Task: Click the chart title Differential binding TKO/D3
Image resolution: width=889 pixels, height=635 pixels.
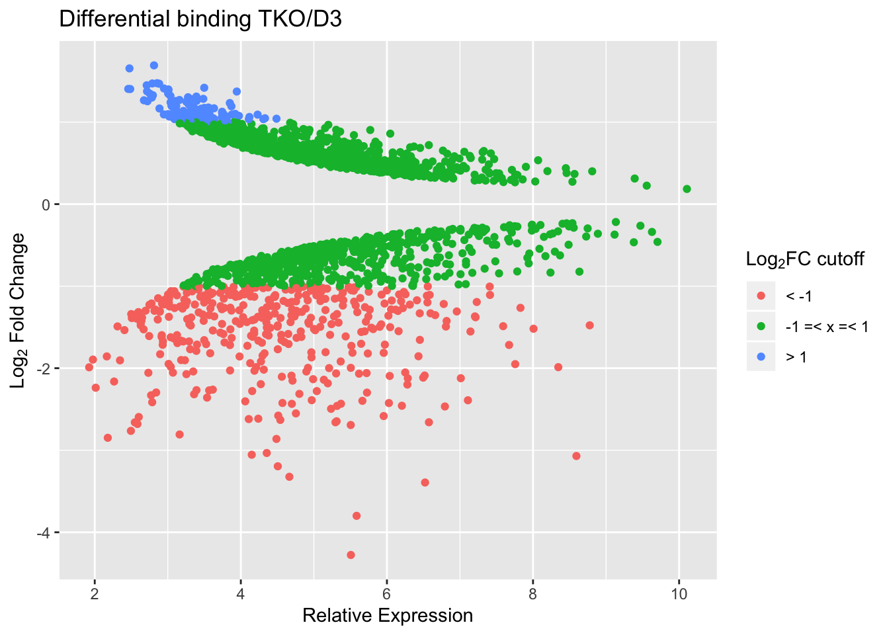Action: pyautogui.click(x=200, y=19)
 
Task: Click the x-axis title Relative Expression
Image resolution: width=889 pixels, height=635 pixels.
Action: pyautogui.click(x=388, y=616)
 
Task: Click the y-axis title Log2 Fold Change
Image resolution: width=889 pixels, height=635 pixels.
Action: pyautogui.click(x=18, y=310)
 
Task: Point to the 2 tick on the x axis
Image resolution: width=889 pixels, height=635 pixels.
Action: pyautogui.click(x=95, y=594)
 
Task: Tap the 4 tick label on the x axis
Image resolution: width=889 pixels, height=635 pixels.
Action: pyautogui.click(x=241, y=594)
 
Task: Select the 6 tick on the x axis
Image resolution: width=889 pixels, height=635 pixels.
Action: pyautogui.click(x=387, y=594)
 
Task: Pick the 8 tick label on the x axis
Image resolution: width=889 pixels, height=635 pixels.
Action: pyautogui.click(x=533, y=594)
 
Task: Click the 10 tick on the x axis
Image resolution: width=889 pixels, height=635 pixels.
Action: pyautogui.click(x=679, y=594)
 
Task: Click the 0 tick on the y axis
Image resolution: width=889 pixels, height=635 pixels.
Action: pyautogui.click(x=46, y=204)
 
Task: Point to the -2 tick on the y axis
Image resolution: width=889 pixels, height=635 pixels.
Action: pyautogui.click(x=43, y=368)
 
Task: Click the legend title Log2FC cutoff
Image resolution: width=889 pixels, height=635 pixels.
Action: pyautogui.click(x=805, y=259)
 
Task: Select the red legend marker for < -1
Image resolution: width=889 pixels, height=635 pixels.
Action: pyautogui.click(x=761, y=296)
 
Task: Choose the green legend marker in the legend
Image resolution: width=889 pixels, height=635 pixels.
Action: pyautogui.click(x=761, y=326)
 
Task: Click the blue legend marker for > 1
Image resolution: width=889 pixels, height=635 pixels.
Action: pyautogui.click(x=761, y=357)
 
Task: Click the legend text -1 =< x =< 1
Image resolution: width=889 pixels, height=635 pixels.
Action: pyautogui.click(x=827, y=326)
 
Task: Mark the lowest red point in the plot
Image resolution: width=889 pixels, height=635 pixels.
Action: pyautogui.click(x=351, y=554)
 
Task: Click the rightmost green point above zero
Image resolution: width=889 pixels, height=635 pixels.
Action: pyautogui.click(x=687, y=189)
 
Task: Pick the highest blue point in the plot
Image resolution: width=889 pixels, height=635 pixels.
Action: pyautogui.click(x=154, y=65)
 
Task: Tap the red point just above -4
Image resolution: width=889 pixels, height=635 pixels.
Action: pyautogui.click(x=357, y=515)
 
